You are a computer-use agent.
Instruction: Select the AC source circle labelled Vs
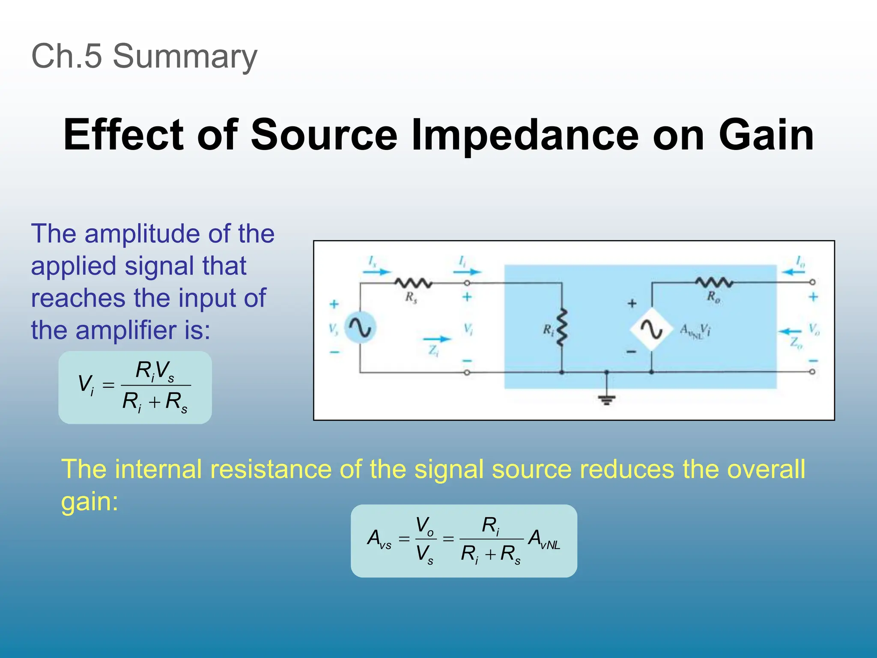pyautogui.click(x=360, y=328)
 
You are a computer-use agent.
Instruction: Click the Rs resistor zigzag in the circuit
pyautogui.click(x=413, y=283)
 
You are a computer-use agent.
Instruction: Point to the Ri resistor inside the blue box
pyautogui.click(x=561, y=327)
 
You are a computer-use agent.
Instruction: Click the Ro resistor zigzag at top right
pyautogui.click(x=714, y=282)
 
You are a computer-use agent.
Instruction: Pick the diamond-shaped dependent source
pyautogui.click(x=651, y=329)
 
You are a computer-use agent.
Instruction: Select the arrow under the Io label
pyautogui.click(x=793, y=272)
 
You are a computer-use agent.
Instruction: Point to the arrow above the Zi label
pyautogui.click(x=437, y=339)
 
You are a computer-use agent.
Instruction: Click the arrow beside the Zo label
pyautogui.click(x=789, y=332)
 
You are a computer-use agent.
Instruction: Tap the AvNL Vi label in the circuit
pyautogui.click(x=695, y=331)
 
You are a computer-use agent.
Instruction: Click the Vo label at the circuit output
pyautogui.click(x=814, y=329)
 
